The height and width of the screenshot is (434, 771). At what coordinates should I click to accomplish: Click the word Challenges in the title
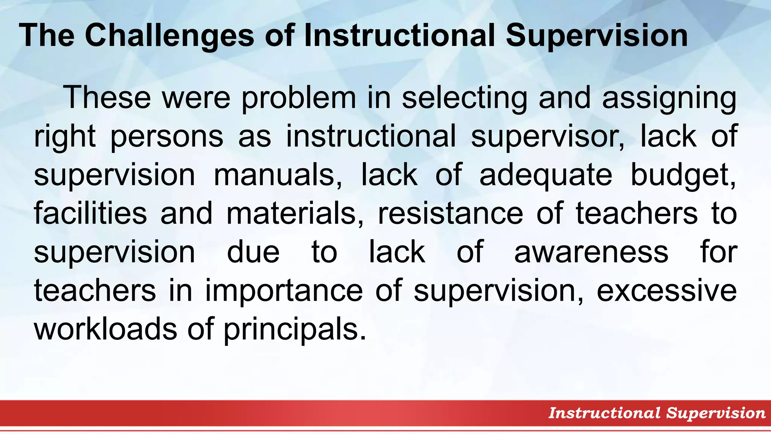(169, 36)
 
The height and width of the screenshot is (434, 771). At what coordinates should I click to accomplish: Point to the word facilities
(90, 214)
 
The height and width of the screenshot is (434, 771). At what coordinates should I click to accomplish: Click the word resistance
(450, 214)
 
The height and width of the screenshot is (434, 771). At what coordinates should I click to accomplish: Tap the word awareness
(591, 252)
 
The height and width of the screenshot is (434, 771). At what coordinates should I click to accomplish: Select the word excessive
(666, 291)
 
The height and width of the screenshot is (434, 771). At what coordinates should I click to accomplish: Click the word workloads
(105, 329)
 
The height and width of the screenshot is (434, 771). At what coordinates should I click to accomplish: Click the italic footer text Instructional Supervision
(657, 413)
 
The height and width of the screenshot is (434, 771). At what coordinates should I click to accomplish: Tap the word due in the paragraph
(253, 252)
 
